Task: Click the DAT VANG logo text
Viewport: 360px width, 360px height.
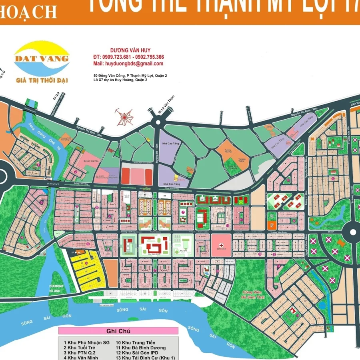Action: pyautogui.click(x=41, y=58)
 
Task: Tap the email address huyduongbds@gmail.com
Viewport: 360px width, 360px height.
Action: pyautogui.click(x=128, y=64)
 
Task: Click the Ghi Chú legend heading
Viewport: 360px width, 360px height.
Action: pyautogui.click(x=118, y=331)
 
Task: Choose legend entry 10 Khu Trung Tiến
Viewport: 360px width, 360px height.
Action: pyautogui.click(x=135, y=342)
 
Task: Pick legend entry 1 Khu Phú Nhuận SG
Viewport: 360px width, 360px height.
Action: pyautogui.click(x=86, y=342)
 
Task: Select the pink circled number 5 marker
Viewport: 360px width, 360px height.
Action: pyautogui.click(x=76, y=206)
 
